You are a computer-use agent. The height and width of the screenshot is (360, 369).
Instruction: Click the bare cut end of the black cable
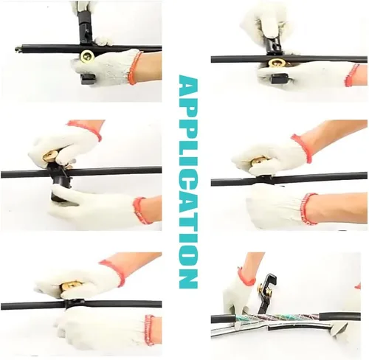point(17,49)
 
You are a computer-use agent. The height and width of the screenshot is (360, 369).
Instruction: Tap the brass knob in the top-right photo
point(278,63)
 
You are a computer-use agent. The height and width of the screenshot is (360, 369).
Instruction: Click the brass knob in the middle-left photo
point(50,157)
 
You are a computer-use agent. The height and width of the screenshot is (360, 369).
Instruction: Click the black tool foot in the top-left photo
point(88,79)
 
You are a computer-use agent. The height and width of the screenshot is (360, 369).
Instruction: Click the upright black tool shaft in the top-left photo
point(86,32)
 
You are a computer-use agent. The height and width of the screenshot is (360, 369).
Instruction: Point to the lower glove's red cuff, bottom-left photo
point(150,330)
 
